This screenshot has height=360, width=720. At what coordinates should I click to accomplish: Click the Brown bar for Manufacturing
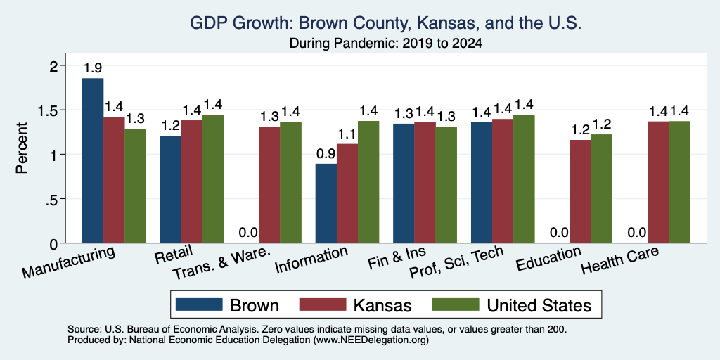click(93, 160)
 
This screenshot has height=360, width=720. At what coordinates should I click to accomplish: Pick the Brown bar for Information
click(326, 203)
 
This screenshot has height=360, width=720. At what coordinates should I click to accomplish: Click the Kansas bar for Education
click(580, 191)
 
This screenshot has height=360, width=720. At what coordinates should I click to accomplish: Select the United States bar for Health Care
click(680, 182)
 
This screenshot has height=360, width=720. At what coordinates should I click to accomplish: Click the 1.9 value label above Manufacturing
click(93, 68)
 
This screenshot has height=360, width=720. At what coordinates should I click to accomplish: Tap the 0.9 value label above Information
click(326, 154)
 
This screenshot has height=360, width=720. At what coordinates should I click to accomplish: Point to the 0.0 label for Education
click(559, 233)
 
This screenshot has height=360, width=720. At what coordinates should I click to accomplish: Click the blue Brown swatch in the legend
click(199, 304)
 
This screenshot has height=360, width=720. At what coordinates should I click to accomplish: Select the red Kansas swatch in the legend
click(322, 304)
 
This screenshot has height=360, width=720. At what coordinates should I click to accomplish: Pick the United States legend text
click(539, 305)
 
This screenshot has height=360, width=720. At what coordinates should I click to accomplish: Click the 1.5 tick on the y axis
click(55, 110)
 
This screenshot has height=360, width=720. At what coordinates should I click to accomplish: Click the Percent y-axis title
click(22, 148)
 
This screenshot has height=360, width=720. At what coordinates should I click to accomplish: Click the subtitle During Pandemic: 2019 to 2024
click(386, 44)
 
